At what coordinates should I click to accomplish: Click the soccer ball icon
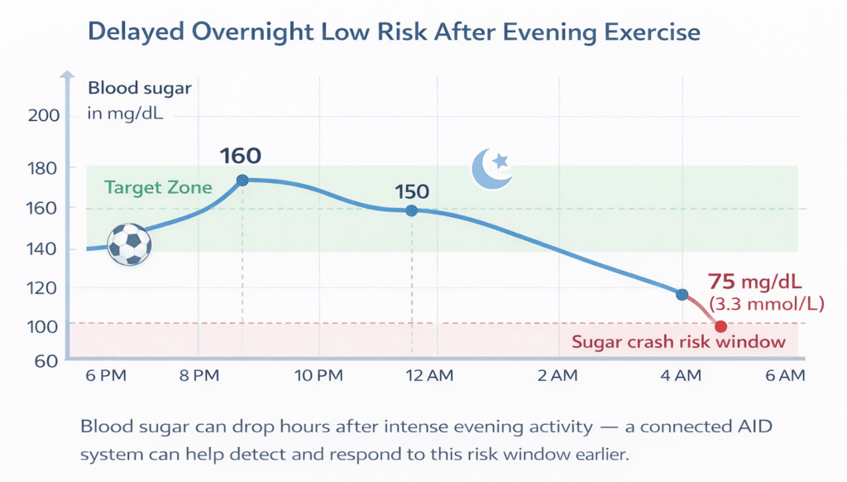pos(130,243)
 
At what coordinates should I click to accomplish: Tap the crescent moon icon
pos(491,168)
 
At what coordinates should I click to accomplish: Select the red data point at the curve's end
pos(720,326)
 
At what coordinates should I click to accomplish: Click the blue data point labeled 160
pos(242,180)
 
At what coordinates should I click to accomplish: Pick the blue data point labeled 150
pos(411,210)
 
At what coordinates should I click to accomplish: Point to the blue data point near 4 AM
pos(682,294)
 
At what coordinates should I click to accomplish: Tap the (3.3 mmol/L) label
pos(766,303)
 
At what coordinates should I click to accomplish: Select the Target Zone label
pos(157,187)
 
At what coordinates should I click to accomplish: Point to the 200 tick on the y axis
pos(43,116)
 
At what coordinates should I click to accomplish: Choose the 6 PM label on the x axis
pos(106,376)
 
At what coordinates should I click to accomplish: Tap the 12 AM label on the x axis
pos(429,376)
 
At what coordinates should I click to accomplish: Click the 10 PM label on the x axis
pos(318,376)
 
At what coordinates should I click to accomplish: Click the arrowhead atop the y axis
pos(65,76)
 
